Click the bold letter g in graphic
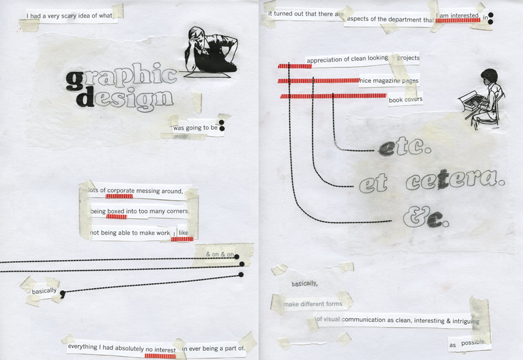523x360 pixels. pos(75,80)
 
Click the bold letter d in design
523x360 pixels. pos(86,97)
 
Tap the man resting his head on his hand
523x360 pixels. pos(211,50)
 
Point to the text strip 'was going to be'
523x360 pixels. pos(195,127)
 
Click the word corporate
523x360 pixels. pos(121,191)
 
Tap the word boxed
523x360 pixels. pos(116,211)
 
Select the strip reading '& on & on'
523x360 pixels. pos(220,254)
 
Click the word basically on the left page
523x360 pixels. pos(44,291)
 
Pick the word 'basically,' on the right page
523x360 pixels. pos(305,284)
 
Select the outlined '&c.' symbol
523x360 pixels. pos(426,217)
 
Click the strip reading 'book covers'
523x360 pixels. pos(405,99)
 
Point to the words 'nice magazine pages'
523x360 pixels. pos(389,80)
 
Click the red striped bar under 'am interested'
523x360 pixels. pos(458,21)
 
